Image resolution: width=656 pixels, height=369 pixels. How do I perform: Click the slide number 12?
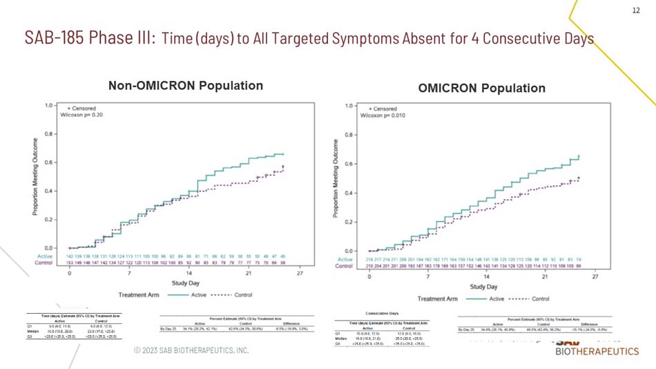click(x=636, y=10)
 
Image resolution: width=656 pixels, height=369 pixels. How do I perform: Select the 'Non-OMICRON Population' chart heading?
click(x=186, y=86)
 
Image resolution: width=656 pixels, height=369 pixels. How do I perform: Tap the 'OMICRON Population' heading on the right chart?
click(x=481, y=88)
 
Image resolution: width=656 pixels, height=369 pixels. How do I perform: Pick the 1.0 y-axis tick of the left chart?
click(x=50, y=106)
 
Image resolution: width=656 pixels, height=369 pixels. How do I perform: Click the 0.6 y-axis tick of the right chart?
click(x=351, y=164)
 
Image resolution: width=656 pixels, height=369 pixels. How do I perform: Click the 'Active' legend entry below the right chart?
click(x=496, y=299)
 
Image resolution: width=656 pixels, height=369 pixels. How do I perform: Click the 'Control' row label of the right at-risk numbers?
click(x=344, y=266)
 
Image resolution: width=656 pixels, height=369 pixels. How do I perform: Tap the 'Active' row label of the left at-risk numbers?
click(x=44, y=256)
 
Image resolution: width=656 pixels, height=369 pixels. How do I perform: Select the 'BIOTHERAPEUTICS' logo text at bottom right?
click(x=597, y=352)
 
